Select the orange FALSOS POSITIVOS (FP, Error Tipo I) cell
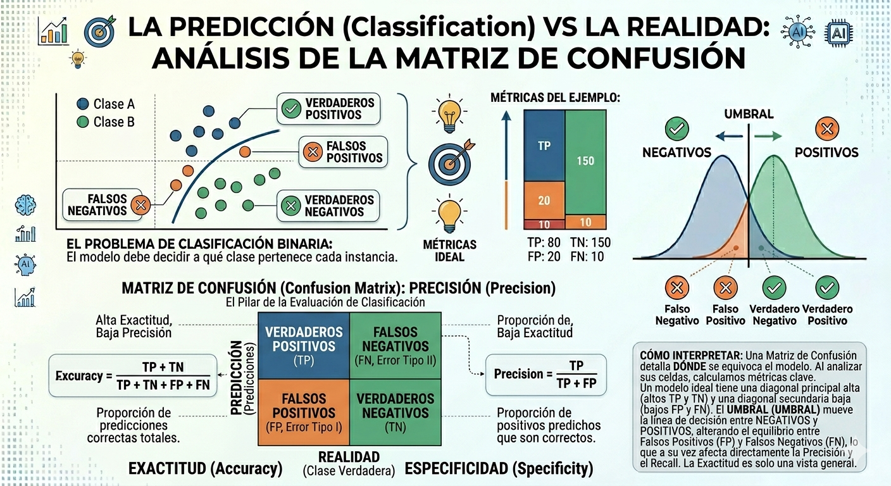304,412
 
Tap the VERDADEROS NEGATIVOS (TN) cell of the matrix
396,412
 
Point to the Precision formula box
545,375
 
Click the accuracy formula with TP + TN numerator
132,376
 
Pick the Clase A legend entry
106,104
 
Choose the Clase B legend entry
106,121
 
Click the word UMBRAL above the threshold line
749,115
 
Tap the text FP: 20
544,256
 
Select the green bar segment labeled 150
585,161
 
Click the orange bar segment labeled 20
544,201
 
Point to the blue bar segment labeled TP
544,146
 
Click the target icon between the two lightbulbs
449,163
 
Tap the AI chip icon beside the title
839,32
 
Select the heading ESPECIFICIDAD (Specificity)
499,469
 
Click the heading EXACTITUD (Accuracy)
205,469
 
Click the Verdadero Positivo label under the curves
827,315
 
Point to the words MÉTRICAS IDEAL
450,251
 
